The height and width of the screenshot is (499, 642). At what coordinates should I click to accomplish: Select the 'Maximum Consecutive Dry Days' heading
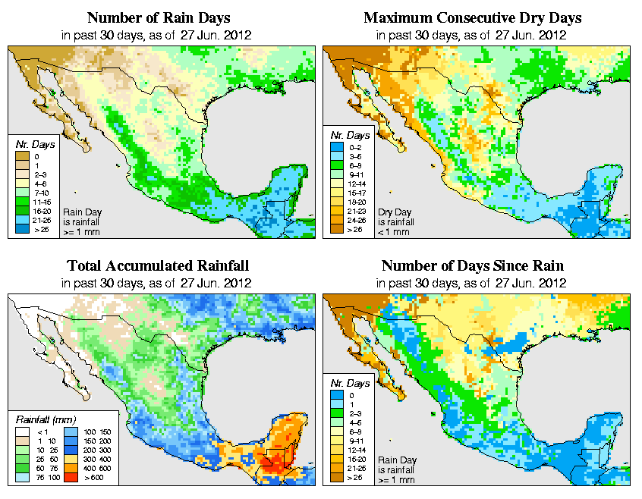pyautogui.click(x=472, y=17)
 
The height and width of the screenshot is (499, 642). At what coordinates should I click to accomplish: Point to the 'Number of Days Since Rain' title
pyautogui.click(x=472, y=265)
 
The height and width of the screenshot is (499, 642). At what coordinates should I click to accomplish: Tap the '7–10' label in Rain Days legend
pyautogui.click(x=42, y=193)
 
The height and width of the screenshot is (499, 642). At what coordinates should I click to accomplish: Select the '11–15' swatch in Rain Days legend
pyautogui.click(x=23, y=202)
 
